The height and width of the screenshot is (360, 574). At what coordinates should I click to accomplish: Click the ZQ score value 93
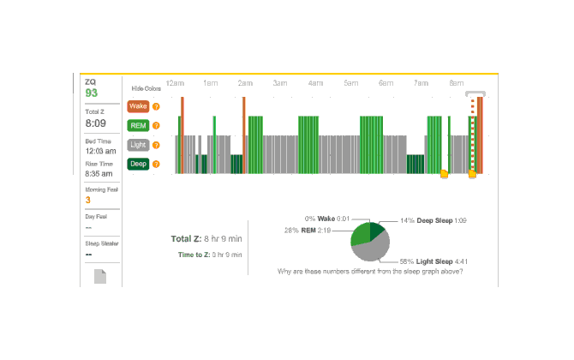[x=92, y=93]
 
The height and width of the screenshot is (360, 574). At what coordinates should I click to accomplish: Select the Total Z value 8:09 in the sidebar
[x=95, y=123]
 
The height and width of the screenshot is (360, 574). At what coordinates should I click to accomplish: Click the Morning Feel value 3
[x=87, y=201]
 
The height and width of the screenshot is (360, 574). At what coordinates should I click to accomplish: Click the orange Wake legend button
[x=137, y=107]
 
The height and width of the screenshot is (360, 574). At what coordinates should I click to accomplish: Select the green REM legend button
[x=137, y=126]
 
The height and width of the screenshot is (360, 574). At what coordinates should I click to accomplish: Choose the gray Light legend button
[x=137, y=145]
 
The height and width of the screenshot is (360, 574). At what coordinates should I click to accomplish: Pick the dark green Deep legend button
[x=137, y=164]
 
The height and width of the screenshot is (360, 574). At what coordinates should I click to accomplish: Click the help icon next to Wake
[x=156, y=107]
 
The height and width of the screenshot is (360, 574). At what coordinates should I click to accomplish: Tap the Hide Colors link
[x=146, y=88]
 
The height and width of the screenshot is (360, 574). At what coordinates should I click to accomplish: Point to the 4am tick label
[x=315, y=83]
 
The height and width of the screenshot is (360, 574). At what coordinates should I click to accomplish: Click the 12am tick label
[x=175, y=83]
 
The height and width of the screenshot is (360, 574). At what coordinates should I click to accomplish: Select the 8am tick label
[x=455, y=83]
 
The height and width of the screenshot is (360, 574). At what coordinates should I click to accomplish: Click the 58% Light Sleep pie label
[x=433, y=261]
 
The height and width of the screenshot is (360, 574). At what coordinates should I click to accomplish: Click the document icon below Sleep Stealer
[x=100, y=276]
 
